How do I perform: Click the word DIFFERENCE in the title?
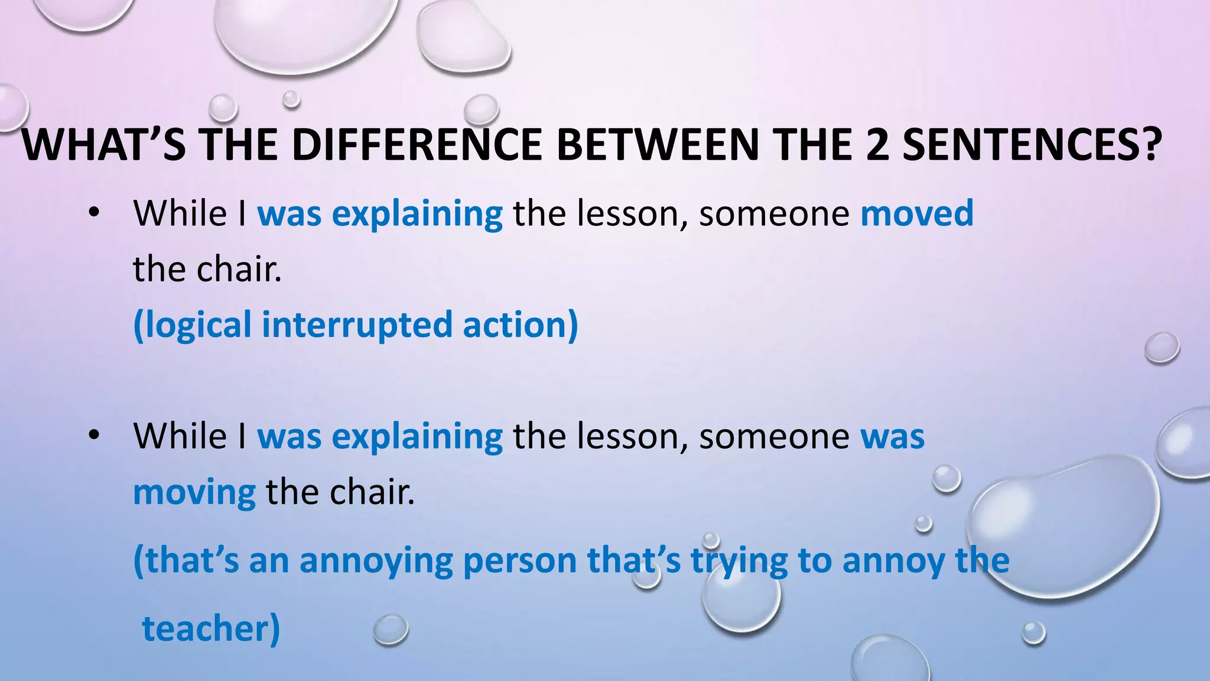click(417, 145)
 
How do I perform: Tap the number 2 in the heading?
click(879, 145)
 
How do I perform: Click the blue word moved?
click(916, 213)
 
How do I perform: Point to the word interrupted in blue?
click(357, 325)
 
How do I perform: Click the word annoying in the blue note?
click(376, 561)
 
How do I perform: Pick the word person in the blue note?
click(520, 561)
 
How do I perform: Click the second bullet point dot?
click(93, 436)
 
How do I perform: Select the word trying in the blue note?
click(739, 561)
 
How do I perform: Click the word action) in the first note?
click(520, 325)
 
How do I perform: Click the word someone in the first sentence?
click(774, 213)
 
